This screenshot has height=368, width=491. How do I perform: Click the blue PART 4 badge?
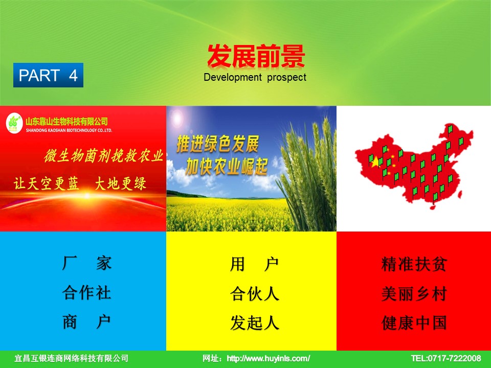coord(48,75)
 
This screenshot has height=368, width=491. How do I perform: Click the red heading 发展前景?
coord(256,56)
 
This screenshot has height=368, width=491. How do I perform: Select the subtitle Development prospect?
coord(255,77)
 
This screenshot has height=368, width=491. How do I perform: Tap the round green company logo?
coord(14,123)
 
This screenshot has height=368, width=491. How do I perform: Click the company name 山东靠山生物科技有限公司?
coord(66,122)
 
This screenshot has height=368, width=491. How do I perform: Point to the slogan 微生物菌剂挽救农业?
coord(104,156)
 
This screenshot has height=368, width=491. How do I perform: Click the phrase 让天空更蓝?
coord(46,183)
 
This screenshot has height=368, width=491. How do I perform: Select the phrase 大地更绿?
coord(121,183)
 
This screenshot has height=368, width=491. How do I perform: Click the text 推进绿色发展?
coord(218,144)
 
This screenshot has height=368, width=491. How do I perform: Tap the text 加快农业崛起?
coord(227,167)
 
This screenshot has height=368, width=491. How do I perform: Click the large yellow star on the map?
coord(375,162)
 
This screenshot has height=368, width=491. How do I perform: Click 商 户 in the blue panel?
coord(86,322)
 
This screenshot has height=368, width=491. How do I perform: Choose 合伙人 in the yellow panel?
coord(255,294)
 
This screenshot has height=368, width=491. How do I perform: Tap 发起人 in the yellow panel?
coord(255,323)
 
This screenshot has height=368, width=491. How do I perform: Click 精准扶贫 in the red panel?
coord(414,264)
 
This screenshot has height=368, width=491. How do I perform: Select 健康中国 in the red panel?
coord(414,323)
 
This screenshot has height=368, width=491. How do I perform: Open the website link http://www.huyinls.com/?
coord(269,358)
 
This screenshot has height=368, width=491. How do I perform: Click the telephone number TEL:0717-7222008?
coord(446,358)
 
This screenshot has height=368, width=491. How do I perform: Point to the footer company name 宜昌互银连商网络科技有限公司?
coord(72,358)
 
